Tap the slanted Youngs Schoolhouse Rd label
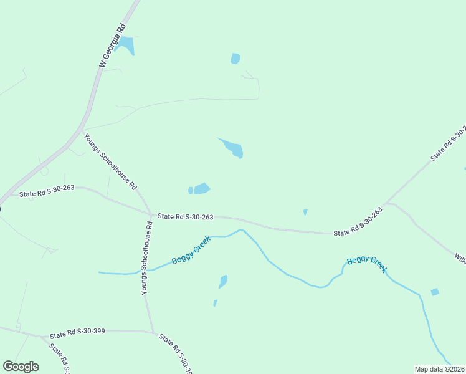(x=110, y=161)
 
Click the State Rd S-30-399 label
(x=77, y=331)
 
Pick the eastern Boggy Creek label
(x=368, y=264)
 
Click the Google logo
(x=21, y=367)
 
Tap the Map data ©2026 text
(x=439, y=369)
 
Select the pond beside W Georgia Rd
(x=126, y=45)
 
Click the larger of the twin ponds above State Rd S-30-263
(x=202, y=188)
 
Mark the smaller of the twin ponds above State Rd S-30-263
(x=191, y=190)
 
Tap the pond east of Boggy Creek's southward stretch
(x=435, y=292)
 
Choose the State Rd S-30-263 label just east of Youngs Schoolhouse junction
(x=186, y=217)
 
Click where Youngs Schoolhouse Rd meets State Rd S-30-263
(x=151, y=215)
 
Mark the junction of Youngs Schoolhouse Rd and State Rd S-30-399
(x=152, y=332)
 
